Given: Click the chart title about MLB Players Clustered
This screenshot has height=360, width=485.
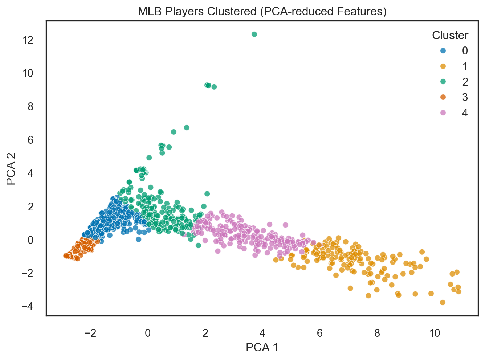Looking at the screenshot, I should (262, 12).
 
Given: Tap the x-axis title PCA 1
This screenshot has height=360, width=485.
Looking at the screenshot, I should (262, 347).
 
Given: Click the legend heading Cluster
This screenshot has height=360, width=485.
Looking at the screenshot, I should (450, 36).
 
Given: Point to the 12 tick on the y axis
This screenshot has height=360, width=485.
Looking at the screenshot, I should (28, 40).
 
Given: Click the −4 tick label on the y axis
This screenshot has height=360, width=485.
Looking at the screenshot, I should (28, 307).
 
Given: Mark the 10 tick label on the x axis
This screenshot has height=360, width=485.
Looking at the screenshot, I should (435, 333).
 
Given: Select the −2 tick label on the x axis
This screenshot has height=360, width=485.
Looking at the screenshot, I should (90, 333).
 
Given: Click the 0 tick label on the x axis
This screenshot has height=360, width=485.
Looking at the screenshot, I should (148, 333).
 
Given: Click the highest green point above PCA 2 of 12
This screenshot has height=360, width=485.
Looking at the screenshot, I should (254, 34).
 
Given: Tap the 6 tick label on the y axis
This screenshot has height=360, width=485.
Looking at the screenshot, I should (30, 140).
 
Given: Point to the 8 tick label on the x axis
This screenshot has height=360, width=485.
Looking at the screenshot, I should (377, 333).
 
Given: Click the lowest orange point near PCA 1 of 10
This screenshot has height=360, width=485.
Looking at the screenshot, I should (443, 302).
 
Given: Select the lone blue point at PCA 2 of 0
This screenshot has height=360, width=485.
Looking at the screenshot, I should (138, 239).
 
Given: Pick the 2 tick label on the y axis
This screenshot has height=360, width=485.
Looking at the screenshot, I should (30, 207).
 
